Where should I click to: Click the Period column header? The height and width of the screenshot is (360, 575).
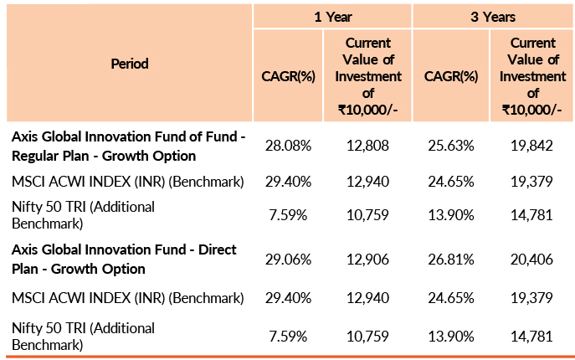point(128,64)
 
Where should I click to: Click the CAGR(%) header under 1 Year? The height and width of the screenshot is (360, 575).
point(288,76)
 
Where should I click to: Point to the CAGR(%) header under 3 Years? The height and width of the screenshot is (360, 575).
point(451,76)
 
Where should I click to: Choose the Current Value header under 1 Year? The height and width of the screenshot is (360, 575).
point(367,76)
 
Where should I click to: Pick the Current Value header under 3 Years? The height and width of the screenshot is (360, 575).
point(532,76)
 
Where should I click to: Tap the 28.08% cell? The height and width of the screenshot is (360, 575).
point(288,146)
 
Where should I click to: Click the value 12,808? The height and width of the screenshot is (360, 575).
point(367,146)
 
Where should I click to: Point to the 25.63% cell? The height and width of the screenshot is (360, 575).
point(451,146)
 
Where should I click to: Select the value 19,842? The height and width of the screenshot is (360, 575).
point(532,146)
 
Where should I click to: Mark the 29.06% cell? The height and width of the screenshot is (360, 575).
point(288,260)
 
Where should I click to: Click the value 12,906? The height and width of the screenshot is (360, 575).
point(367,260)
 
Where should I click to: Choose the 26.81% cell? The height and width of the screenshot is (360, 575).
point(451,260)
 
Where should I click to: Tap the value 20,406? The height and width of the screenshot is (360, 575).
point(532,260)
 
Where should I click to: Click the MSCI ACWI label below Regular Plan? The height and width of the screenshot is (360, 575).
point(127,181)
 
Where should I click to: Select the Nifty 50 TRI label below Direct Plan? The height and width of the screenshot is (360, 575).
point(83,335)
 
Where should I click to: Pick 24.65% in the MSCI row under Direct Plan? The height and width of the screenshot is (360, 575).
point(451,297)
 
